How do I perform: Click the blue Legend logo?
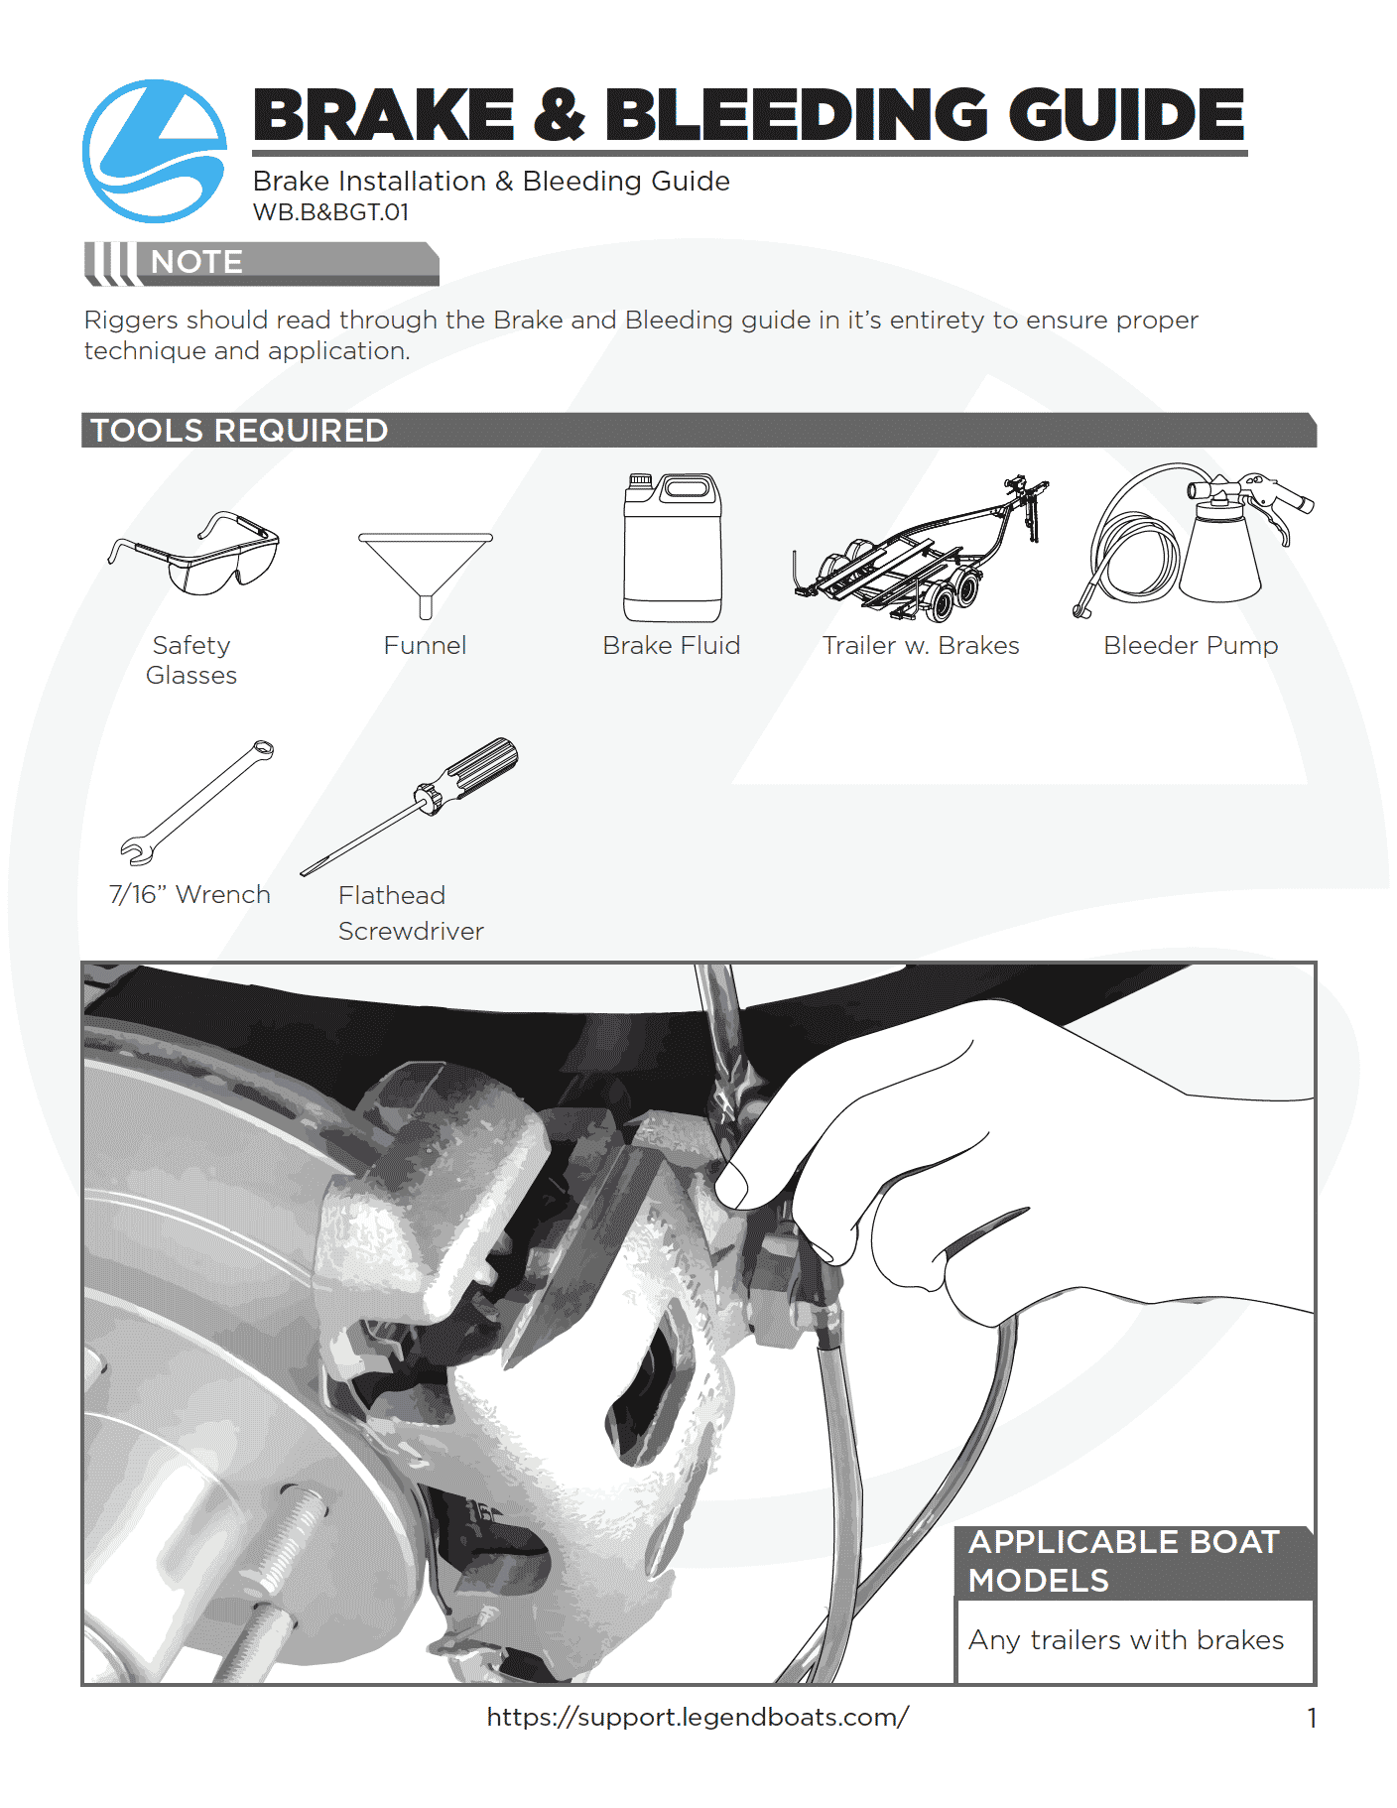click(x=155, y=151)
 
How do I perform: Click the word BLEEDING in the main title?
click(x=796, y=115)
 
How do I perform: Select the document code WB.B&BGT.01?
click(x=330, y=212)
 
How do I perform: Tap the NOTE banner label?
click(x=196, y=262)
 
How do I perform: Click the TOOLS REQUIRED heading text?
click(x=239, y=431)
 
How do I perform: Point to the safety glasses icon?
click(x=194, y=553)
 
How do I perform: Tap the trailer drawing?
click(x=920, y=551)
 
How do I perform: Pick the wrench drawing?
click(x=196, y=803)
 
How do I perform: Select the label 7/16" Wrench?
click(x=190, y=895)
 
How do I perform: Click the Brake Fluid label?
click(x=672, y=646)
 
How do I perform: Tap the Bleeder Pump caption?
click(x=1191, y=646)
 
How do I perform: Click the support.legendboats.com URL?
click(x=698, y=1718)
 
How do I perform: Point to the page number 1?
click(x=1312, y=1718)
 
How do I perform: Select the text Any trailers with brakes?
click(x=1126, y=1640)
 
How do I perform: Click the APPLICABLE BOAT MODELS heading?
click(x=1124, y=1561)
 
